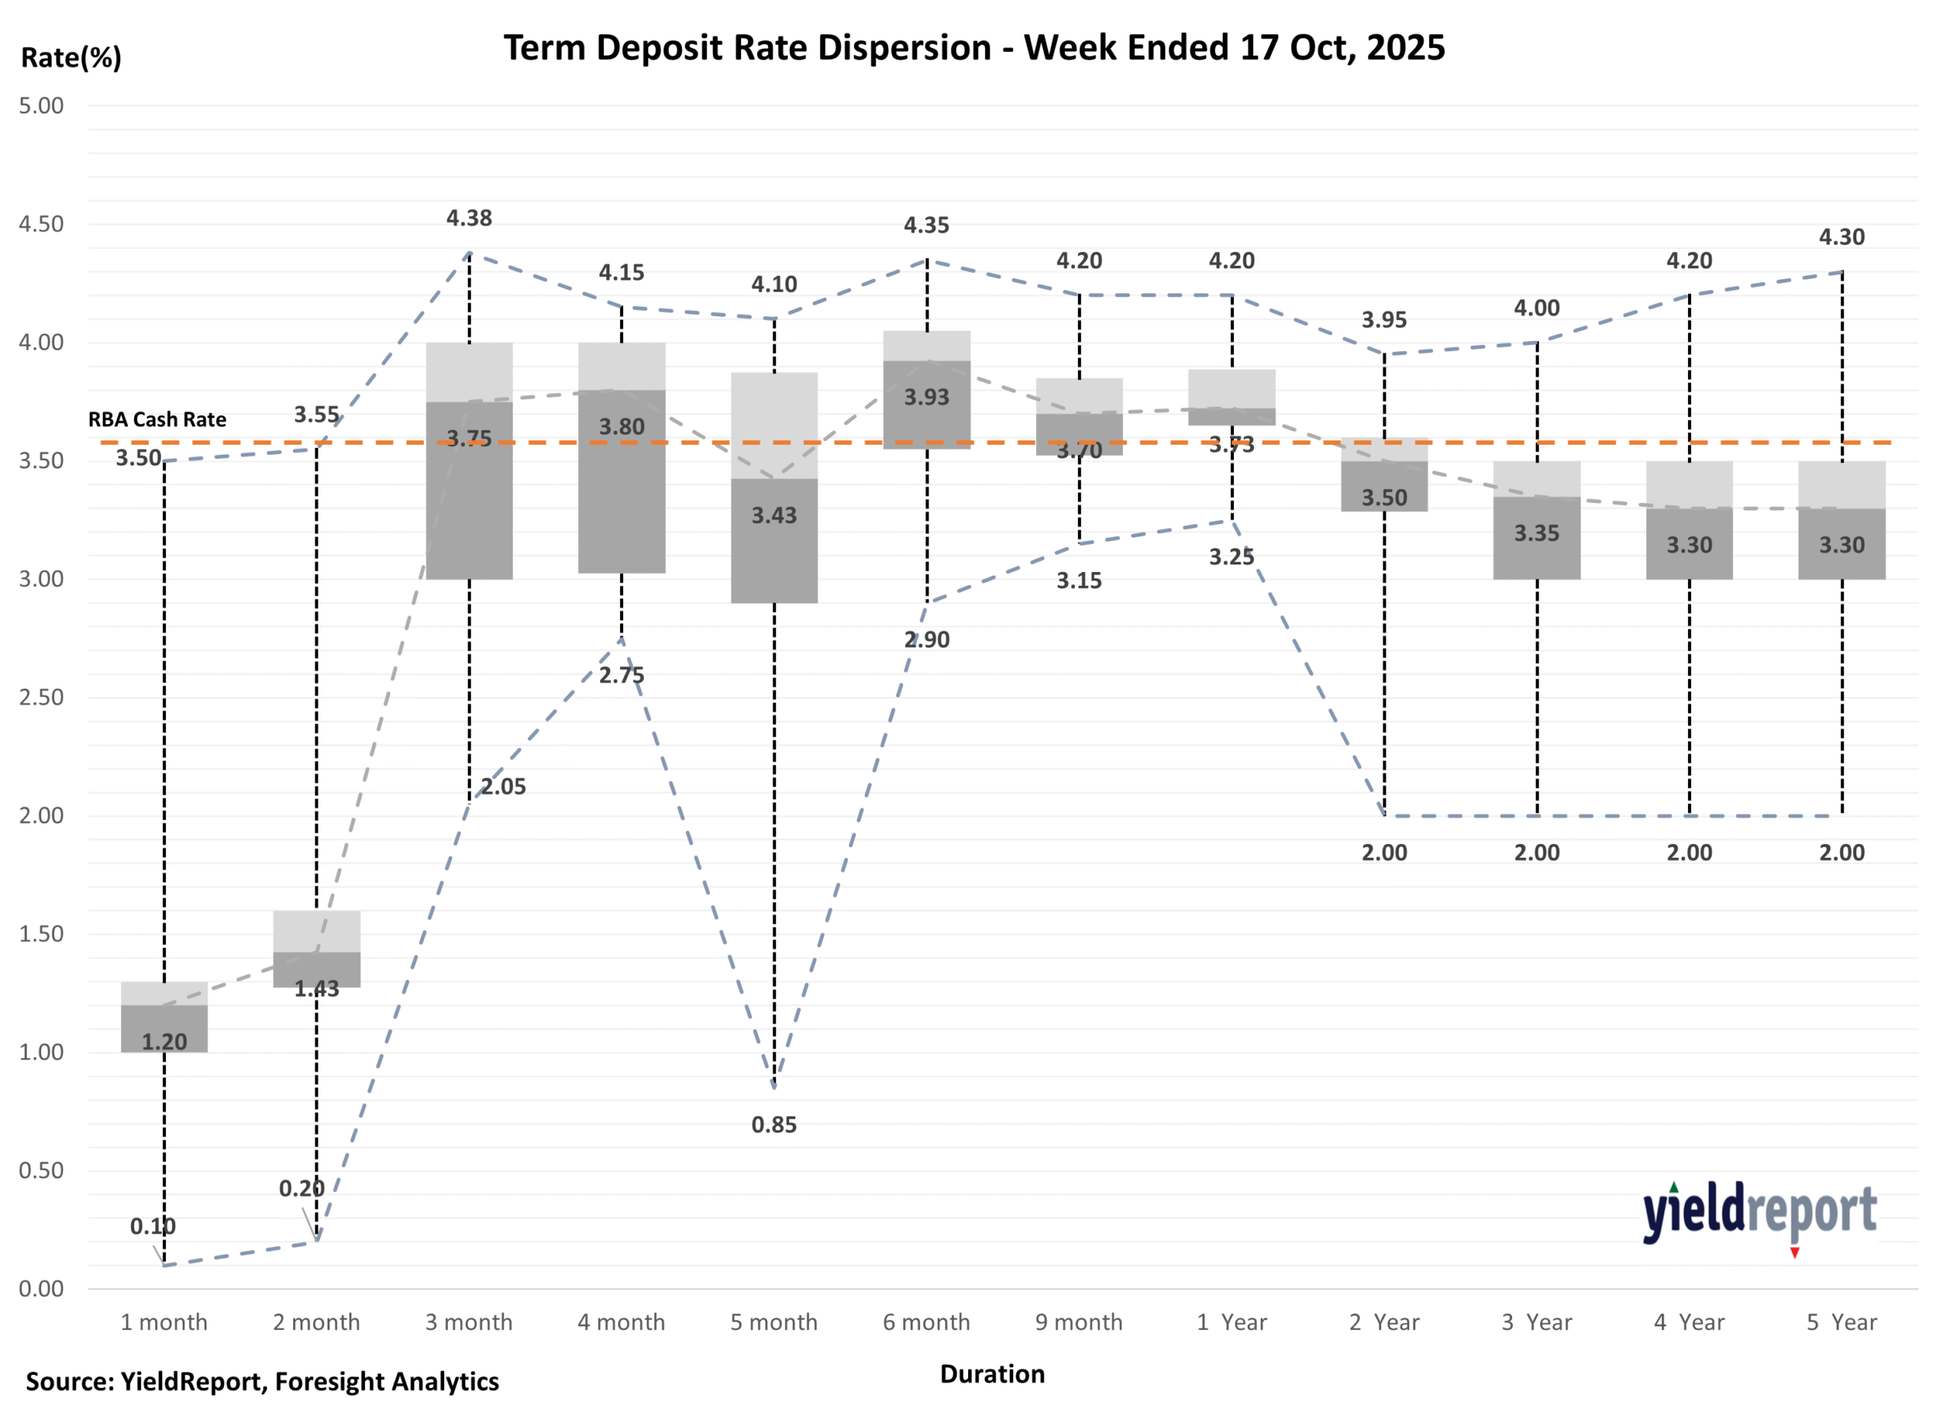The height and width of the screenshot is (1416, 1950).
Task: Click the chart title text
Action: point(973,47)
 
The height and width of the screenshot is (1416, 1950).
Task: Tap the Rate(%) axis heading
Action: point(72,58)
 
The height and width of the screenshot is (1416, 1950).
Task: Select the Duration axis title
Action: point(993,1374)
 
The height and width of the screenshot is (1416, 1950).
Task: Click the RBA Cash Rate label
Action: point(158,420)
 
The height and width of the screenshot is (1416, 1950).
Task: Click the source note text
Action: point(262,1382)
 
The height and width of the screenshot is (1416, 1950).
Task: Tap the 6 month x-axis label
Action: point(926,1322)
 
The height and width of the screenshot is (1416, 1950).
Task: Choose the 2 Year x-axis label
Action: point(1383,1322)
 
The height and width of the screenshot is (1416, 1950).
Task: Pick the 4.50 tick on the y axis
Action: point(41,225)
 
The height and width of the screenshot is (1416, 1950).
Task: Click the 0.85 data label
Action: point(774,1124)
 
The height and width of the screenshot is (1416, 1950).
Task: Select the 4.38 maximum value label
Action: point(468,219)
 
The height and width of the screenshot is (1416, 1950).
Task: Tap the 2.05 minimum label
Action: point(503,787)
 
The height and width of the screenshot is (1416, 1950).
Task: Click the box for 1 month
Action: point(165,1017)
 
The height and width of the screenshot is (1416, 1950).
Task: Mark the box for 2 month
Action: point(316,949)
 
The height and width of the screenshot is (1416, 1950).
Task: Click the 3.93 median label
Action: point(926,397)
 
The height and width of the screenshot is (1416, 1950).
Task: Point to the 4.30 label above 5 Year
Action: point(1841,238)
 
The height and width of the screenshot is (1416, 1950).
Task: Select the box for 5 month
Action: point(774,487)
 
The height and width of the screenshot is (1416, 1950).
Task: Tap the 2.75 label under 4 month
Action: point(621,676)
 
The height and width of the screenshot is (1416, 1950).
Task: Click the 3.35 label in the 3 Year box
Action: point(1536,533)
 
